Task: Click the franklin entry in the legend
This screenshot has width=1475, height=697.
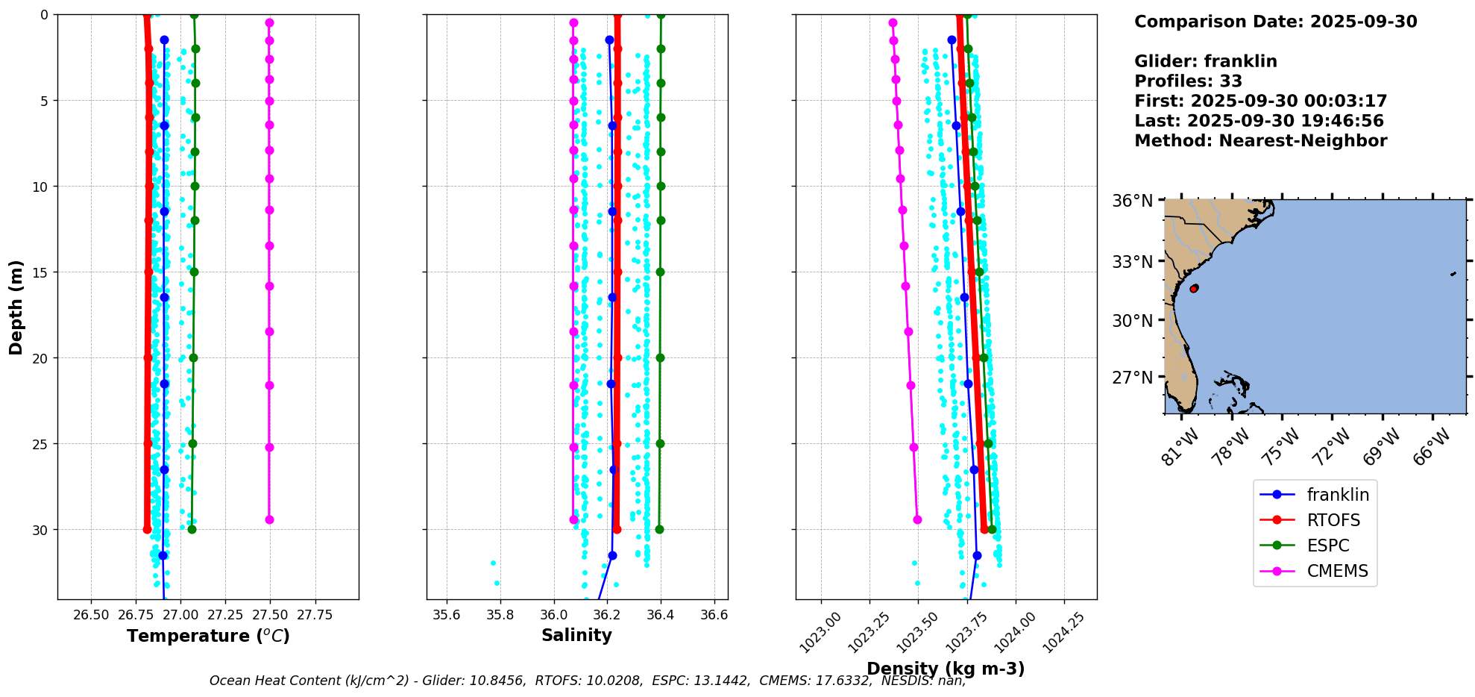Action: (x=1337, y=495)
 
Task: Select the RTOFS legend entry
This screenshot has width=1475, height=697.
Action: (x=1333, y=520)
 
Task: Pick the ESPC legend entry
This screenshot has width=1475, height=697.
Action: (x=1327, y=546)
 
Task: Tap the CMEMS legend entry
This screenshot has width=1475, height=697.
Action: (x=1337, y=571)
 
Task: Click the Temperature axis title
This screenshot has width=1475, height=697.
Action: (x=208, y=636)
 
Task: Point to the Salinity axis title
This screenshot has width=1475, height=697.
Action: (x=576, y=635)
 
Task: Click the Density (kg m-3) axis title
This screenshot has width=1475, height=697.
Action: (x=946, y=669)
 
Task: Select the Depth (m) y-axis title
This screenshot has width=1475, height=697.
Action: (x=16, y=307)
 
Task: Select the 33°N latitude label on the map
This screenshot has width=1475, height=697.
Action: (x=1132, y=262)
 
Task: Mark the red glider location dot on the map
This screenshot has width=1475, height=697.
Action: (x=1194, y=288)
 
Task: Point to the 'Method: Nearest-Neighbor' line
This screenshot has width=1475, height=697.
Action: (x=1260, y=141)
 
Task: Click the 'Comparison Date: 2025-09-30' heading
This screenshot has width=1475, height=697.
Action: (x=1275, y=22)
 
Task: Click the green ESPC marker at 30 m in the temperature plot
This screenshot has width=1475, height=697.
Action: (x=192, y=529)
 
